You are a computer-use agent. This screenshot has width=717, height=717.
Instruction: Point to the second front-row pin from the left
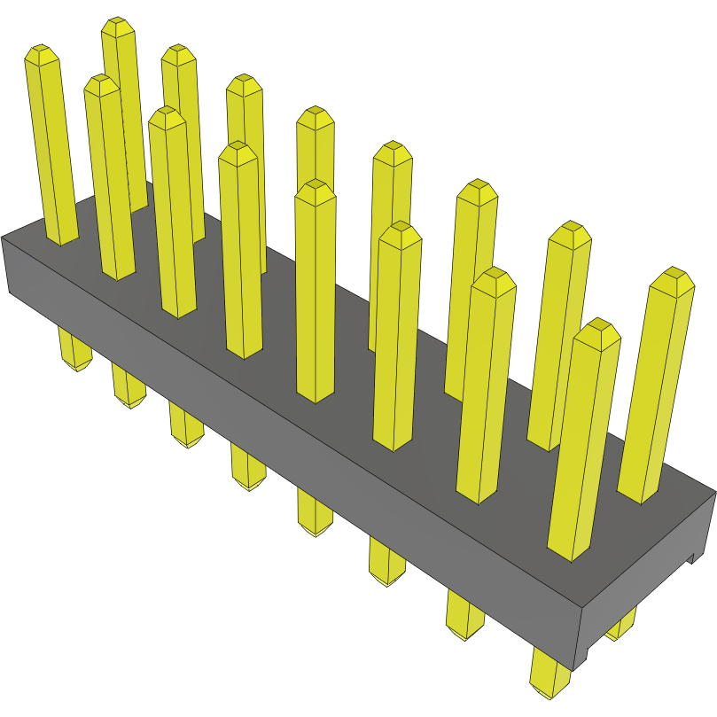[x=109, y=177]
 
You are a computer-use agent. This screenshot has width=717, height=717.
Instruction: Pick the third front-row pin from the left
[x=172, y=213]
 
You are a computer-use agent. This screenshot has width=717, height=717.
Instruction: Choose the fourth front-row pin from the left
[x=240, y=248]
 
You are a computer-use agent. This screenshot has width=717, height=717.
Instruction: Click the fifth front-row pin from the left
[x=315, y=292]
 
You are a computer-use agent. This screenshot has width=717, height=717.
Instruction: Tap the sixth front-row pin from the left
[x=395, y=337]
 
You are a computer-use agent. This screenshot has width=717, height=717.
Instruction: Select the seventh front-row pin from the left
[x=484, y=390]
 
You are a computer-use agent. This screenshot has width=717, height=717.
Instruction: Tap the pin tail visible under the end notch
[x=621, y=625]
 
